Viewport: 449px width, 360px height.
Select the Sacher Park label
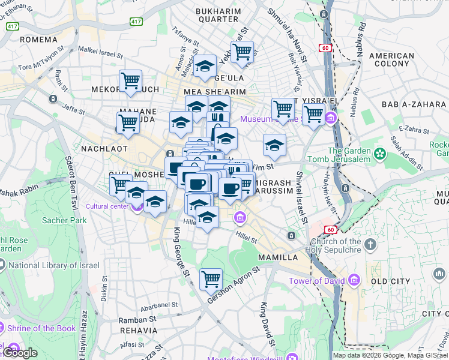click(x=64, y=220)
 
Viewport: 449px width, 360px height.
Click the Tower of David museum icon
click(x=354, y=280)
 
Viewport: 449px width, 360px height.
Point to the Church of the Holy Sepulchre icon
click(x=370, y=244)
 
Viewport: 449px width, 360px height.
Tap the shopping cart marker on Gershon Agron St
click(x=211, y=278)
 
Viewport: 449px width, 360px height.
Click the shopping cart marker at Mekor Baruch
click(x=130, y=80)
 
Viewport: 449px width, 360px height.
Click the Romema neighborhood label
click(x=38, y=40)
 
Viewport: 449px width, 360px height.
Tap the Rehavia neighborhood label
click(x=138, y=331)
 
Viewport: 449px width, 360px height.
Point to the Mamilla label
click(x=278, y=257)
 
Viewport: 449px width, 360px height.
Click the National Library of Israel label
click(x=49, y=265)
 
